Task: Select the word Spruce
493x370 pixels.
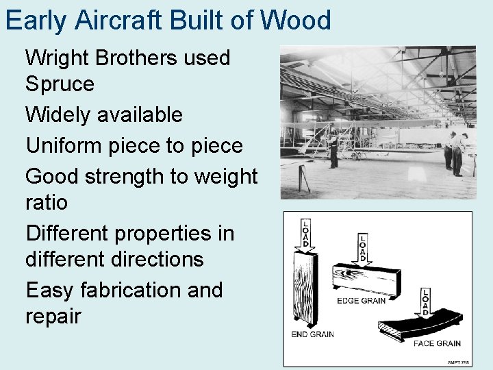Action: click(x=60, y=85)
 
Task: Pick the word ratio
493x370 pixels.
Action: click(x=47, y=203)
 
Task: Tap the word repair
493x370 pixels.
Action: click(x=53, y=317)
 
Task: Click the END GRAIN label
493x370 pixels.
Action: click(x=313, y=334)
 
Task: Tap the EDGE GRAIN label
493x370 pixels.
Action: click(x=361, y=299)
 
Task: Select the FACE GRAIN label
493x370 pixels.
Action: click(x=437, y=343)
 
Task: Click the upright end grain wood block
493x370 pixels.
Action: click(x=306, y=288)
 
